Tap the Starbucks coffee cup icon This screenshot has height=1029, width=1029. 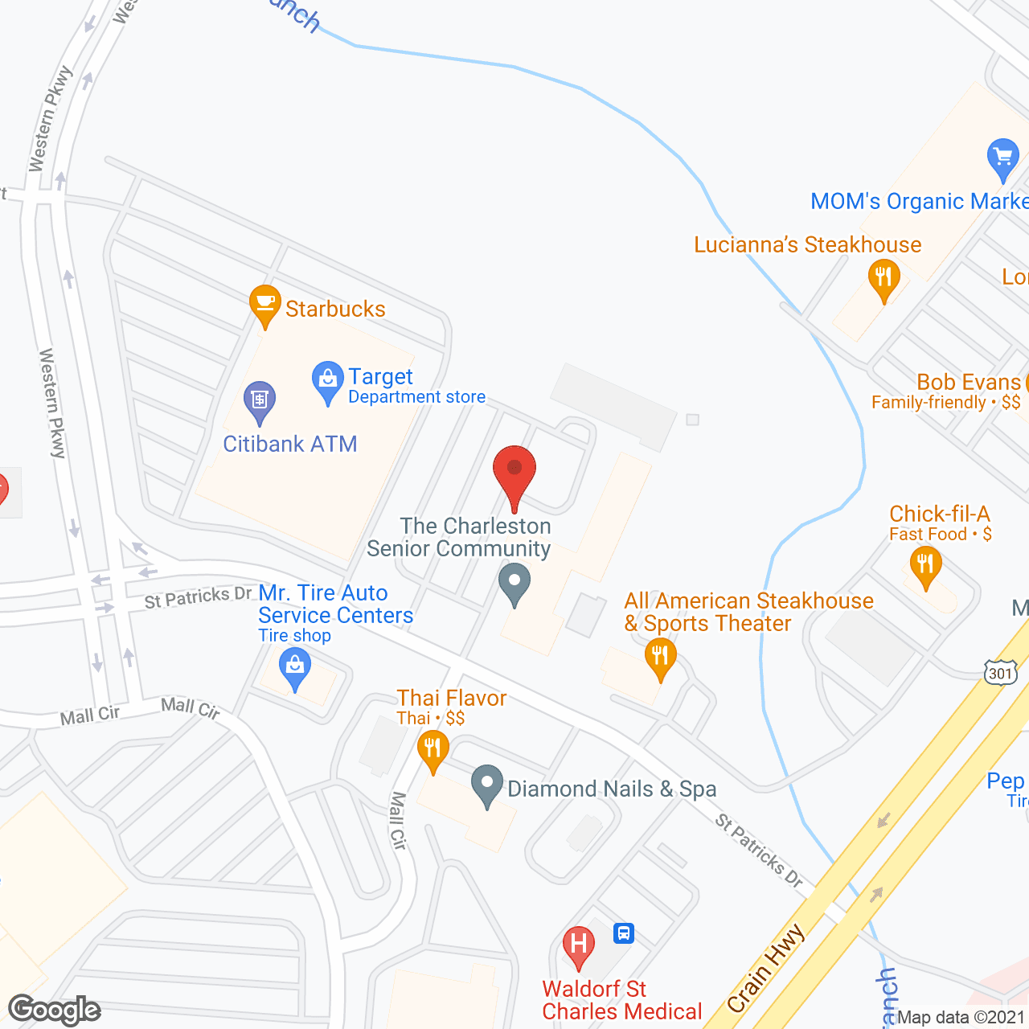click(264, 305)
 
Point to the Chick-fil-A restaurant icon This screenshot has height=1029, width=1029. click(925, 564)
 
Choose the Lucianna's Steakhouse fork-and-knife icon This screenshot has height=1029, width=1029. click(883, 279)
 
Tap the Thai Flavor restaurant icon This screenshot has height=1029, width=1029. click(433, 749)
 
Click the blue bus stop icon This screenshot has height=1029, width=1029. click(624, 933)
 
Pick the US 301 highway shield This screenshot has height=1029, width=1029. click(1000, 672)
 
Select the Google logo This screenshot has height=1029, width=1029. click(55, 1010)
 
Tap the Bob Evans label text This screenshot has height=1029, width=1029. click(968, 383)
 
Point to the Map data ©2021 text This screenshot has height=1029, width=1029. click(961, 1017)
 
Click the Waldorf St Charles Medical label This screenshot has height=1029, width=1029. click(621, 1000)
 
